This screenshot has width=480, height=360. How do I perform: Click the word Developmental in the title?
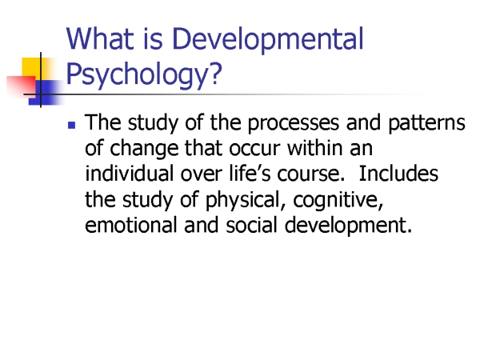(268, 40)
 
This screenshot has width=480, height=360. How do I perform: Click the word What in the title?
(100, 38)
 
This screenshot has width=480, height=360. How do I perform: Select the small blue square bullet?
(72, 126)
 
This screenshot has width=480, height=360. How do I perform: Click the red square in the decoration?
(22, 86)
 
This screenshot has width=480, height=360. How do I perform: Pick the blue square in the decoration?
(46, 93)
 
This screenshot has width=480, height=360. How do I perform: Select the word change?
(144, 150)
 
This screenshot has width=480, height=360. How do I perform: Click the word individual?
(129, 174)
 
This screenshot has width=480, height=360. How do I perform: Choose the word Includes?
(398, 174)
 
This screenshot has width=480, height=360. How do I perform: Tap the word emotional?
(131, 225)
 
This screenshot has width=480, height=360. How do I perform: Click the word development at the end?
(348, 226)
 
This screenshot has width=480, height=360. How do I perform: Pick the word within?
(314, 148)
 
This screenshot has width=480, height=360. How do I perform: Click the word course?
(310, 174)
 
